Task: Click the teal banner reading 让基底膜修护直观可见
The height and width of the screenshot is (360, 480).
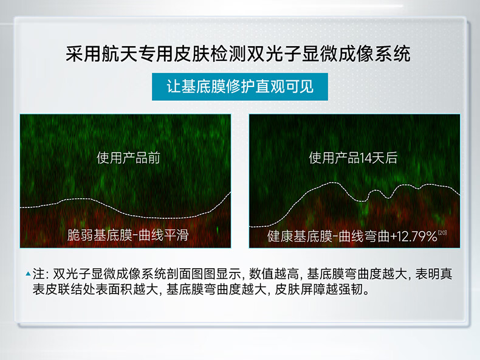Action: click(239, 87)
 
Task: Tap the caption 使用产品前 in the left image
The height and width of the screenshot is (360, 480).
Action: click(129, 158)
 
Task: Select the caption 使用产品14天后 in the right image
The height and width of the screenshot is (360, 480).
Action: click(353, 158)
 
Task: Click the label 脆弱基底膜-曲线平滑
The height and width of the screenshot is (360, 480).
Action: click(128, 235)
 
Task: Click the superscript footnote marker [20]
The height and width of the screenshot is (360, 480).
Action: click(442, 233)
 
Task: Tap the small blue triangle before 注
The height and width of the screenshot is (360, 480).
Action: click(28, 274)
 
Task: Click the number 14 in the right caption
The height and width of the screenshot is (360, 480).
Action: click(365, 158)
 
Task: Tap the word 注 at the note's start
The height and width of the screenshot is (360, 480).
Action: click(38, 274)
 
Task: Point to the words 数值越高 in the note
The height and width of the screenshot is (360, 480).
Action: click(273, 274)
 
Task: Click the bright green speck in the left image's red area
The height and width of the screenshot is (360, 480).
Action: click(218, 229)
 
